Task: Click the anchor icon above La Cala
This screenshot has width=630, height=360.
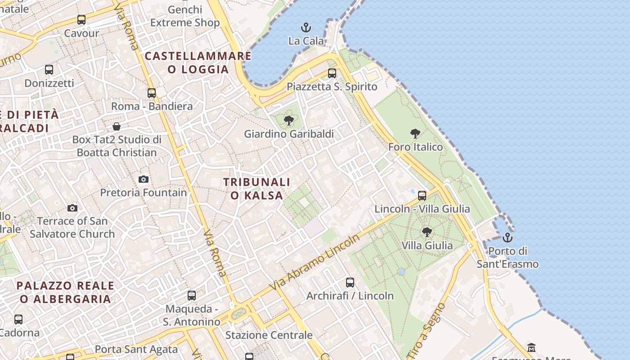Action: (x=306, y=28)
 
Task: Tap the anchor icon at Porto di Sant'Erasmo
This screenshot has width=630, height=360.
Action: (x=508, y=238)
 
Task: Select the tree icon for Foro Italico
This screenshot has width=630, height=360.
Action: (x=415, y=134)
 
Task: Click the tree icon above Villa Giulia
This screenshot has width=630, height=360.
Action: (x=427, y=232)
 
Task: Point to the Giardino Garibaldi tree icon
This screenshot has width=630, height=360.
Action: (x=289, y=121)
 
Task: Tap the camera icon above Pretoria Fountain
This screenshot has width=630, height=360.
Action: (x=144, y=180)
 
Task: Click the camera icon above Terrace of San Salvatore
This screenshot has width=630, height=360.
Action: (x=72, y=208)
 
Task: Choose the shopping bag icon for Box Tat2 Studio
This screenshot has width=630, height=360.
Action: (x=117, y=126)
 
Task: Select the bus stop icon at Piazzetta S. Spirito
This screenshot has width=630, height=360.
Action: (x=332, y=73)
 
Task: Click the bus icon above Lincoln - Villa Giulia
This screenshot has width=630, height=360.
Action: (x=422, y=196)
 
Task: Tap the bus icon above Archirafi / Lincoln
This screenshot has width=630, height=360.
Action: (x=350, y=283)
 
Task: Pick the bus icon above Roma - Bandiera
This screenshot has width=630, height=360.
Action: (x=152, y=93)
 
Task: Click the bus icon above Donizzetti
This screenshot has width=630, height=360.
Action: (x=49, y=70)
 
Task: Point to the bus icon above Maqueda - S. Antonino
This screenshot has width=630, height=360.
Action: (x=192, y=296)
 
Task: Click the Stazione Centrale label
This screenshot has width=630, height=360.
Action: (x=269, y=335)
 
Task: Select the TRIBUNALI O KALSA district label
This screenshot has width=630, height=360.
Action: (x=257, y=189)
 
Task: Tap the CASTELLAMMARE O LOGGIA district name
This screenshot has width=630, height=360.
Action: (x=198, y=63)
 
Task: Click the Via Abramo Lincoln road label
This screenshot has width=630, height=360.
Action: (x=315, y=262)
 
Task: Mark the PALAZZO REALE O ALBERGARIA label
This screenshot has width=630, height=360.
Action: (x=65, y=292)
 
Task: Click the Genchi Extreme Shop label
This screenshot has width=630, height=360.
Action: (x=185, y=16)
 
